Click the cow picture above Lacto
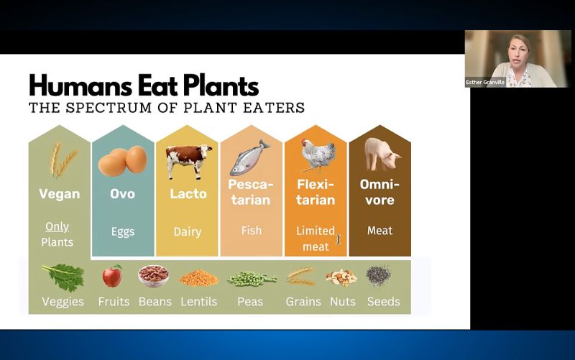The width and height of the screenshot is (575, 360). tap(188, 161)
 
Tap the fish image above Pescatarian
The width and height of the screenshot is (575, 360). tap(249, 157)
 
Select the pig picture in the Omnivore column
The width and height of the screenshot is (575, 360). tap(382, 154)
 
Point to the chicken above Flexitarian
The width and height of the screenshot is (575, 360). tap(318, 155)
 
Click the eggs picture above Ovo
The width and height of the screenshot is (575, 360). tap(123, 160)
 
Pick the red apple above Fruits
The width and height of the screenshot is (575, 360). tap(112, 276)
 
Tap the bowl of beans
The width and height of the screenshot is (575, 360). tap(154, 276)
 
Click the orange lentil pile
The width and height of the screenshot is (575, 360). tap(199, 278)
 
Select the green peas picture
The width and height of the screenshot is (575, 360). tap(252, 279)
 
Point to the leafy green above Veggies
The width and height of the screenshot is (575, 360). tap(63, 277)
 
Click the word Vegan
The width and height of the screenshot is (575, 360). tap(60, 194)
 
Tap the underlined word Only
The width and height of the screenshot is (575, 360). tap(57, 226)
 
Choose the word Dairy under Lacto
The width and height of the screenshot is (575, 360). tap(188, 231)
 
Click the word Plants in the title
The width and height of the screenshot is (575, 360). tap(221, 86)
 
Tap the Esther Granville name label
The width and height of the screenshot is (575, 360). tap(485, 82)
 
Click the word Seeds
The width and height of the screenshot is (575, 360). tap(384, 302)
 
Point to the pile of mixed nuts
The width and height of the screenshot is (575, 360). tap(341, 277)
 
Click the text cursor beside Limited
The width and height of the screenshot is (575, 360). tap(338, 239)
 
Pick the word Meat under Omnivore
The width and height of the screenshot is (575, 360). tap(380, 231)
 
